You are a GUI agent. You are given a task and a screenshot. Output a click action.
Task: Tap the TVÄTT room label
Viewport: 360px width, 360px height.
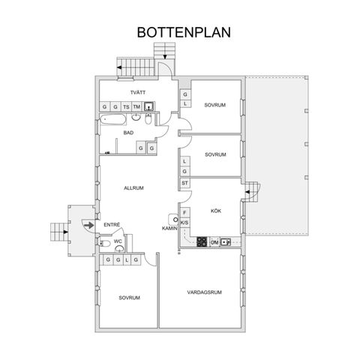pos(136,92)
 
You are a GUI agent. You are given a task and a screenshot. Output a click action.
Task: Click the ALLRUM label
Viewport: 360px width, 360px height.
pos(133,187)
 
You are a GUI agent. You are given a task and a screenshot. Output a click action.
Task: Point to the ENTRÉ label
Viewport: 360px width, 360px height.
pos(112,223)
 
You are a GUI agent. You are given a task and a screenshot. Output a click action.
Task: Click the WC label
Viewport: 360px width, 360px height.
pos(118,241)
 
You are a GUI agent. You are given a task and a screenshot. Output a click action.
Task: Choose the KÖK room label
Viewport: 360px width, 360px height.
pos(216,211)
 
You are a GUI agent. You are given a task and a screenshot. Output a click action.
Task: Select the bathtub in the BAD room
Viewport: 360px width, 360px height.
pos(114,120)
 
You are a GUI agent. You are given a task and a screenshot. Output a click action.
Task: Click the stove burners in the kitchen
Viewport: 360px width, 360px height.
pos(201,241)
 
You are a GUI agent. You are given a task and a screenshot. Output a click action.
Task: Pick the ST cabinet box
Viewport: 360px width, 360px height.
pos(184,182)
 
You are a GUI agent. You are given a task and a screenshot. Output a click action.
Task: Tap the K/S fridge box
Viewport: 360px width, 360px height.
pos(184,223)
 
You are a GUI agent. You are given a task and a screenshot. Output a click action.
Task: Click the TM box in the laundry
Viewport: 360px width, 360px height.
pos(136,106)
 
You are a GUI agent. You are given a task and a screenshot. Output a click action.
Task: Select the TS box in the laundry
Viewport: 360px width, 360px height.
pos(126,106)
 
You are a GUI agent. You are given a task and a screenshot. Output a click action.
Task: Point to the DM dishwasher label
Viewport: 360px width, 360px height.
pos(214,242)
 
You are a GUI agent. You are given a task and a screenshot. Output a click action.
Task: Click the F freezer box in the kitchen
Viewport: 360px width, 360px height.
pos(184,212)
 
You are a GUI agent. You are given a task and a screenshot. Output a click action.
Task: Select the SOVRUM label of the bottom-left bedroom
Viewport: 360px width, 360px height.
pos(129,298)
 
